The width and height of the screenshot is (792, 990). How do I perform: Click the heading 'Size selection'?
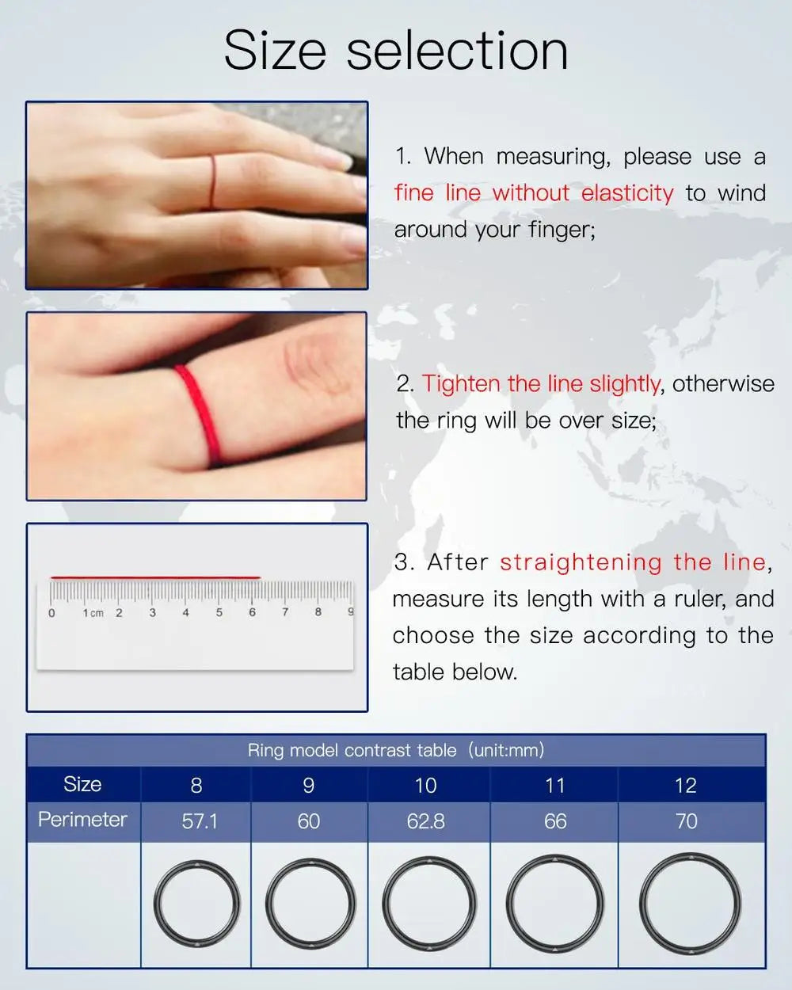(396, 51)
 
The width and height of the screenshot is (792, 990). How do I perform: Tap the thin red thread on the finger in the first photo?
(212, 181)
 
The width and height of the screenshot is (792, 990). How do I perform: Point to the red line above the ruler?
(155, 578)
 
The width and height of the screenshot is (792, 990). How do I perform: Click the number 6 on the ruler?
(252, 612)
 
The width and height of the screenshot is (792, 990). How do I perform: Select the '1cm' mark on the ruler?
(92, 613)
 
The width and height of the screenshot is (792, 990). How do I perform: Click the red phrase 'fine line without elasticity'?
(534, 192)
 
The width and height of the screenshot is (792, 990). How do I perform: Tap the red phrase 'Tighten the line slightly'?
(541, 383)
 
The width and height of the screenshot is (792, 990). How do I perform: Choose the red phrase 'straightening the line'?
(633, 562)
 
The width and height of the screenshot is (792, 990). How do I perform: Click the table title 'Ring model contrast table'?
(352, 750)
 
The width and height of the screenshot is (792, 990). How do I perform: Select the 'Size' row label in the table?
(82, 784)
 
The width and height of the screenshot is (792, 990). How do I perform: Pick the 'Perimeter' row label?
(82, 820)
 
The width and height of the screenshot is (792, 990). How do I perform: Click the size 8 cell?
(196, 785)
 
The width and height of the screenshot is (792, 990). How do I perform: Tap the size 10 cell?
(426, 785)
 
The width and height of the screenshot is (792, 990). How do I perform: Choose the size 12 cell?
(686, 785)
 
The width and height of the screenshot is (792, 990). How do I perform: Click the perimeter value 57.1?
(200, 821)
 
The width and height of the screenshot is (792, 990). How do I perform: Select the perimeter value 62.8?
(426, 821)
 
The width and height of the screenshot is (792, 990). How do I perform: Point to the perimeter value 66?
(555, 821)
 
